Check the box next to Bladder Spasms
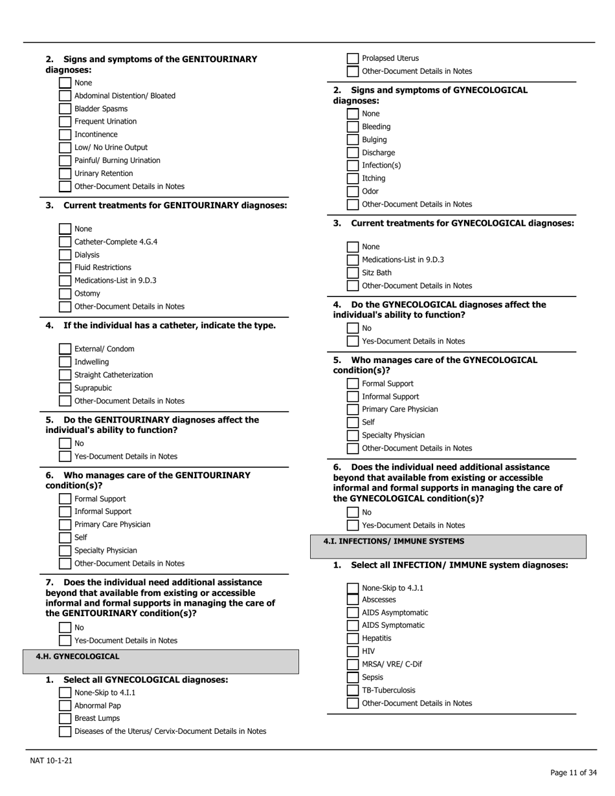pyautogui.click(x=65, y=109)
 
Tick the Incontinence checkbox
pyautogui.click(x=65, y=135)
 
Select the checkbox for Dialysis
pyautogui.click(x=65, y=255)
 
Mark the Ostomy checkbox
pyautogui.click(x=65, y=294)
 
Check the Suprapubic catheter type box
pyautogui.click(x=65, y=388)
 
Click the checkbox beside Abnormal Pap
pyautogui.click(x=65, y=706)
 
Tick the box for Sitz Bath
pyautogui.click(x=352, y=273)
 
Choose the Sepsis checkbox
pyautogui.click(x=352, y=678)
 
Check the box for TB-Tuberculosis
pyautogui.click(x=352, y=691)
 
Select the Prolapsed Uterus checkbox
pyautogui.click(x=352, y=58)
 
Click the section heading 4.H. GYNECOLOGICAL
pyautogui.click(x=78, y=657)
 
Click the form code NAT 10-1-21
pyautogui.click(x=51, y=760)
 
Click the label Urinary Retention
pyautogui.click(x=104, y=173)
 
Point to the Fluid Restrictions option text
pyautogui.click(x=102, y=267)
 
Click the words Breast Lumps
pyautogui.click(x=97, y=718)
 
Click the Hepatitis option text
pyautogui.click(x=376, y=638)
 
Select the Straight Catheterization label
pyautogui.click(x=114, y=375)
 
